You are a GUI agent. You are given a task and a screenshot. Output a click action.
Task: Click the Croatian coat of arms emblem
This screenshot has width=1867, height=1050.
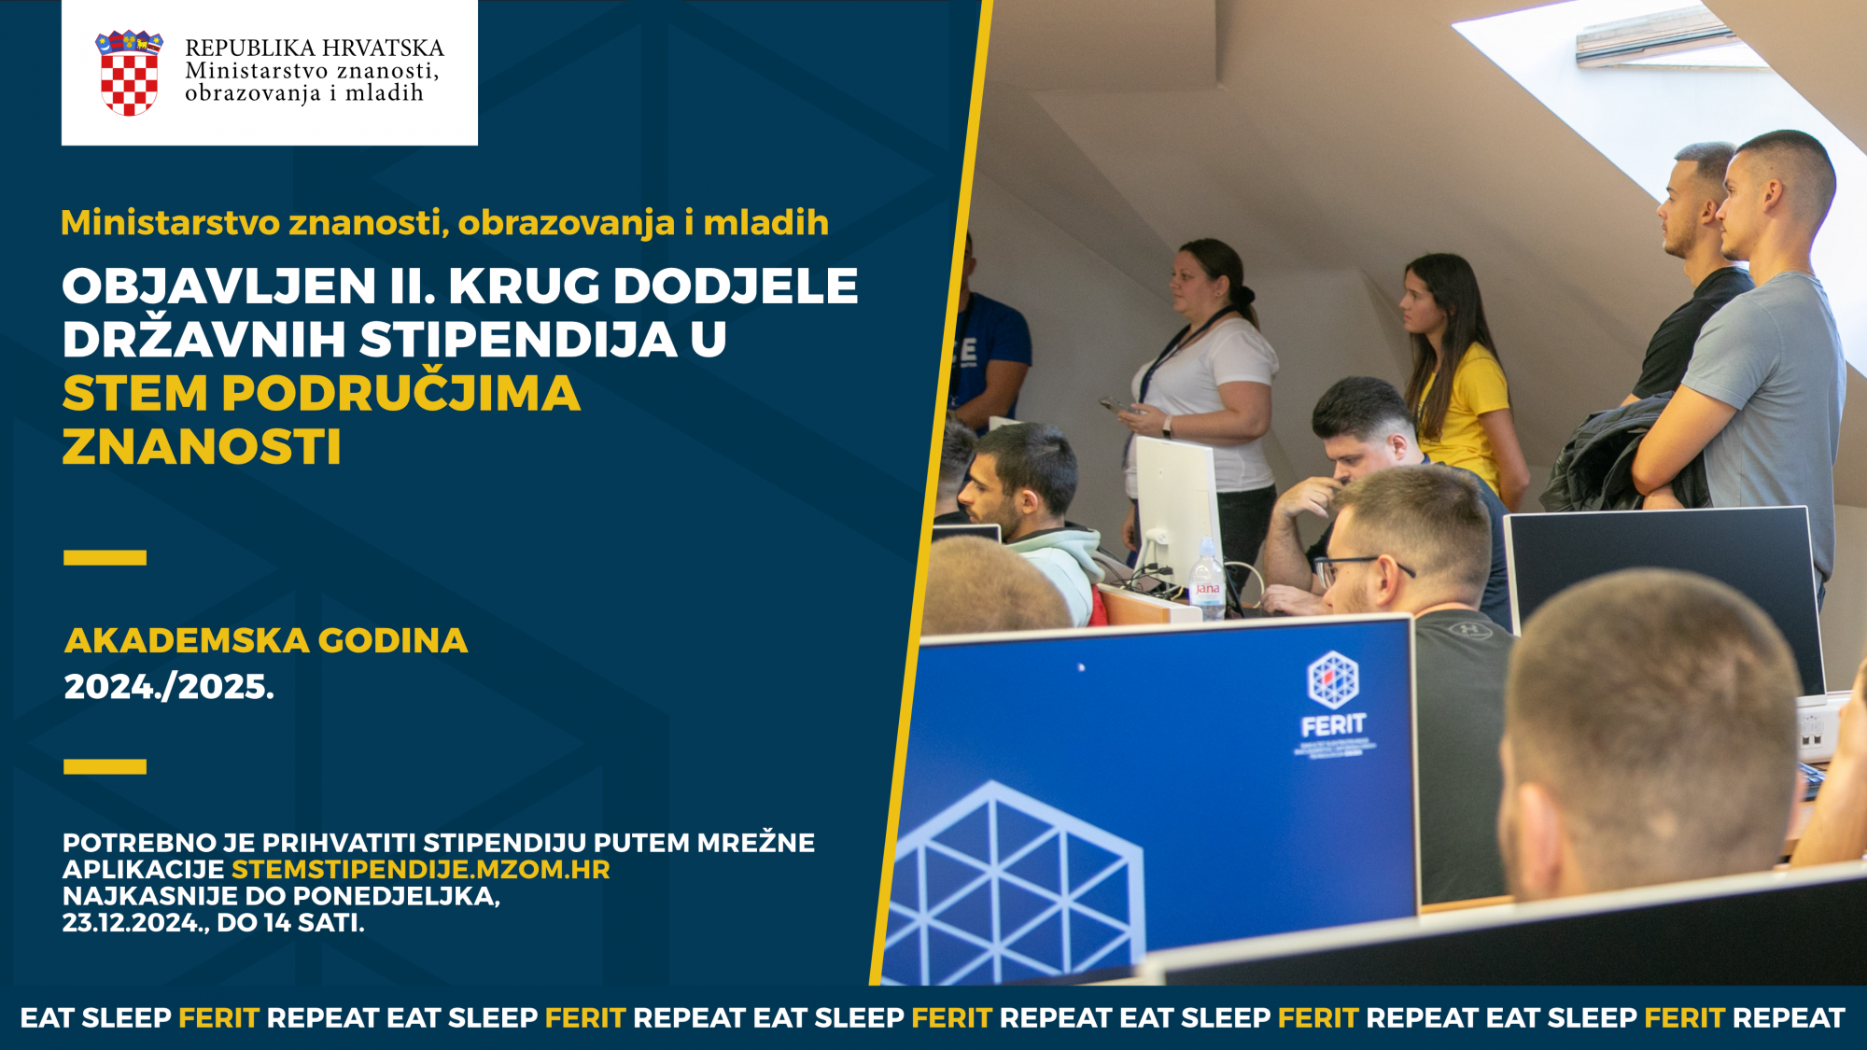click(130, 73)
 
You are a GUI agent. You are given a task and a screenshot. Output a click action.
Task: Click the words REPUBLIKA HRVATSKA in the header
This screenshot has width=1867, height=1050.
click(315, 48)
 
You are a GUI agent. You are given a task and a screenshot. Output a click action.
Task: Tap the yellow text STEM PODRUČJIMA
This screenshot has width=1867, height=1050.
click(321, 393)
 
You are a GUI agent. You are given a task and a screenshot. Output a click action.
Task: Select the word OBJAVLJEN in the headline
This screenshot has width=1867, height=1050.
click(219, 287)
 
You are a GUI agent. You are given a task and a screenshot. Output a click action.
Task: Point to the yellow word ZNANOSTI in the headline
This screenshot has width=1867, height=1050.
click(202, 446)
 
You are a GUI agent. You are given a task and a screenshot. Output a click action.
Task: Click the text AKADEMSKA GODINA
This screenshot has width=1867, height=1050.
click(266, 640)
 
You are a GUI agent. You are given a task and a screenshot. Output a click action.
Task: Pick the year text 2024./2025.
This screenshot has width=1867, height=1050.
click(169, 687)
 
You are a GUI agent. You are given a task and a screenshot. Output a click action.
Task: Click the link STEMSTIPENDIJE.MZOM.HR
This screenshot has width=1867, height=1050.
click(421, 870)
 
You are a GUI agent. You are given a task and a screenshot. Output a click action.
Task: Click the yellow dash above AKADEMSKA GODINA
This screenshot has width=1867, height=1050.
click(105, 558)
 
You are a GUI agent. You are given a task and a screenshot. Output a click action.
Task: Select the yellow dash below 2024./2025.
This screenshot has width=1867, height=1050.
click(105, 767)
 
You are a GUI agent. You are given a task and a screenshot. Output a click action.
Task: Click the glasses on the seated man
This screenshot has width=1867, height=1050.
click(1363, 566)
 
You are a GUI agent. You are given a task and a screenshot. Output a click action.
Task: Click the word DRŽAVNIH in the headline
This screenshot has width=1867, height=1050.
click(204, 340)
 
